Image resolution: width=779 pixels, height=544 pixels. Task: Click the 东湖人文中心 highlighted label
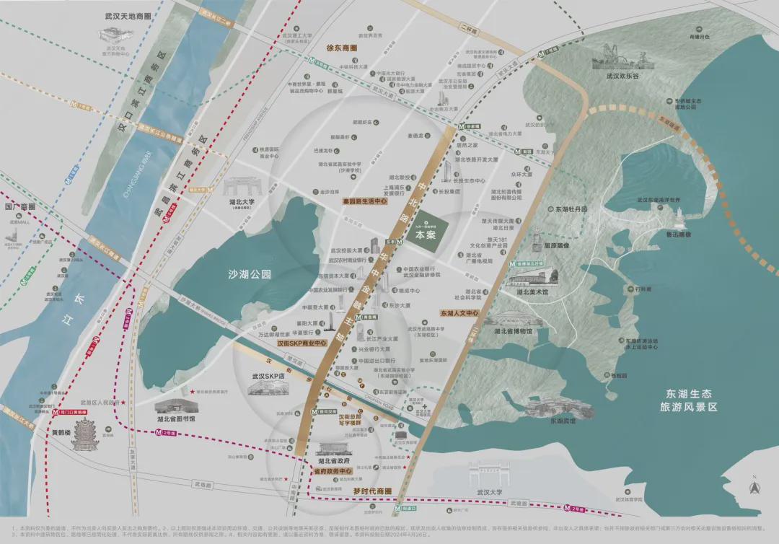click(459, 314)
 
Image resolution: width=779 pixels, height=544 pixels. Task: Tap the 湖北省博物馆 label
click(513, 331)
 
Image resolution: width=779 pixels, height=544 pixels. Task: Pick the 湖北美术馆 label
click(532, 292)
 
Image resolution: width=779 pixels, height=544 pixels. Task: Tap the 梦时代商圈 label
click(371, 491)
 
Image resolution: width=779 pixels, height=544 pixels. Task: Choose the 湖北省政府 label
click(333, 460)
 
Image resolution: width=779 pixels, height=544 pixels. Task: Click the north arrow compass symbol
click(754, 486)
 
